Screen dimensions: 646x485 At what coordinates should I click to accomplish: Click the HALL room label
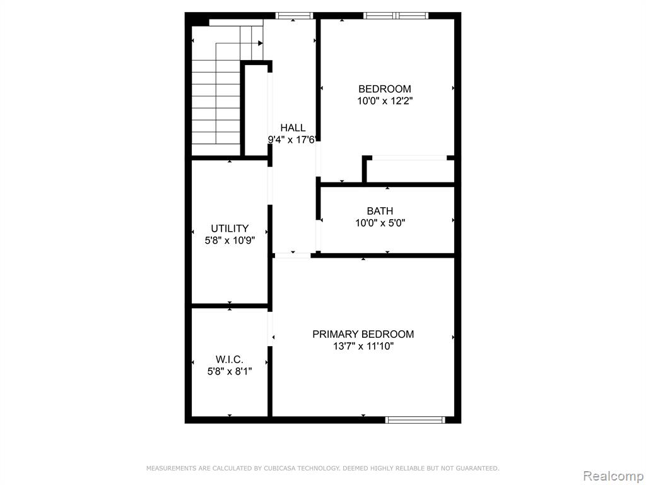(x=293, y=128)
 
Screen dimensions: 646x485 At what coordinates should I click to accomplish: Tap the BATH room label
(x=380, y=211)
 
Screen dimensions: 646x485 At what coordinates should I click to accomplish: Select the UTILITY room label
(x=230, y=229)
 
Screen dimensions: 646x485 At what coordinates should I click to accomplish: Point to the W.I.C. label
(x=230, y=359)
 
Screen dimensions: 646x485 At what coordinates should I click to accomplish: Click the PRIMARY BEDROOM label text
(x=363, y=334)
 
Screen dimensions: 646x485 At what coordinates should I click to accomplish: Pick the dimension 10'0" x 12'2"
(x=385, y=100)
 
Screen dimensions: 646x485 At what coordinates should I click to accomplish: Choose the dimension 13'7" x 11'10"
(x=363, y=346)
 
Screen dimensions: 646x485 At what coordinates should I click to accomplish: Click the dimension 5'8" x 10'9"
(x=230, y=241)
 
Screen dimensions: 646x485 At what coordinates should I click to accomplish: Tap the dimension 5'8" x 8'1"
(x=230, y=371)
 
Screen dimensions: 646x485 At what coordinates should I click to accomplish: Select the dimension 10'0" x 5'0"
(x=380, y=223)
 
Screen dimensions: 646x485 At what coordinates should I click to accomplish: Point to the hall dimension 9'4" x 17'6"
(x=291, y=140)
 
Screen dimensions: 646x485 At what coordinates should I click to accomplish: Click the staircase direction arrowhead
(x=261, y=43)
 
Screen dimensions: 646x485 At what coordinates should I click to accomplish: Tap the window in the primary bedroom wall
(x=415, y=420)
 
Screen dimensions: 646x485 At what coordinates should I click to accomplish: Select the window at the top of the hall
(x=294, y=16)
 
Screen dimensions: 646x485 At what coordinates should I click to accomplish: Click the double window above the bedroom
(x=396, y=16)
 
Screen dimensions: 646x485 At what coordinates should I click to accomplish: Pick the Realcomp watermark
(x=613, y=476)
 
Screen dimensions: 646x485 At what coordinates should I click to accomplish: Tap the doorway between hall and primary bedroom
(x=293, y=256)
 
